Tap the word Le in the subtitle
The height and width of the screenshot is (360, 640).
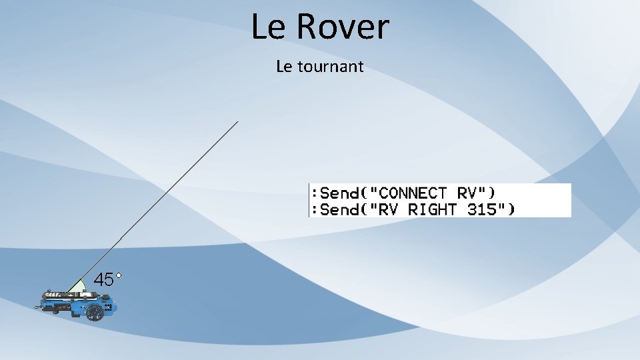click(x=283, y=67)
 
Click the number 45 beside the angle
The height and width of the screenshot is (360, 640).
click(x=103, y=280)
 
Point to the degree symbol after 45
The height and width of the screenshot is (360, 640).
click(x=118, y=274)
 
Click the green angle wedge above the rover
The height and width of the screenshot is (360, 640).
click(x=79, y=286)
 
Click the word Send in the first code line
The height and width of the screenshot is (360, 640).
click(x=339, y=193)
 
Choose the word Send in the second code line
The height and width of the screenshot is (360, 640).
click(x=339, y=209)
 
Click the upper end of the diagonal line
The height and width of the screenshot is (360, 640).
click(x=237, y=123)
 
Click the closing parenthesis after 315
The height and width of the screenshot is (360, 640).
click(x=511, y=209)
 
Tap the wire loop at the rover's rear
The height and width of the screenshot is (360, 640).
click(x=39, y=307)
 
